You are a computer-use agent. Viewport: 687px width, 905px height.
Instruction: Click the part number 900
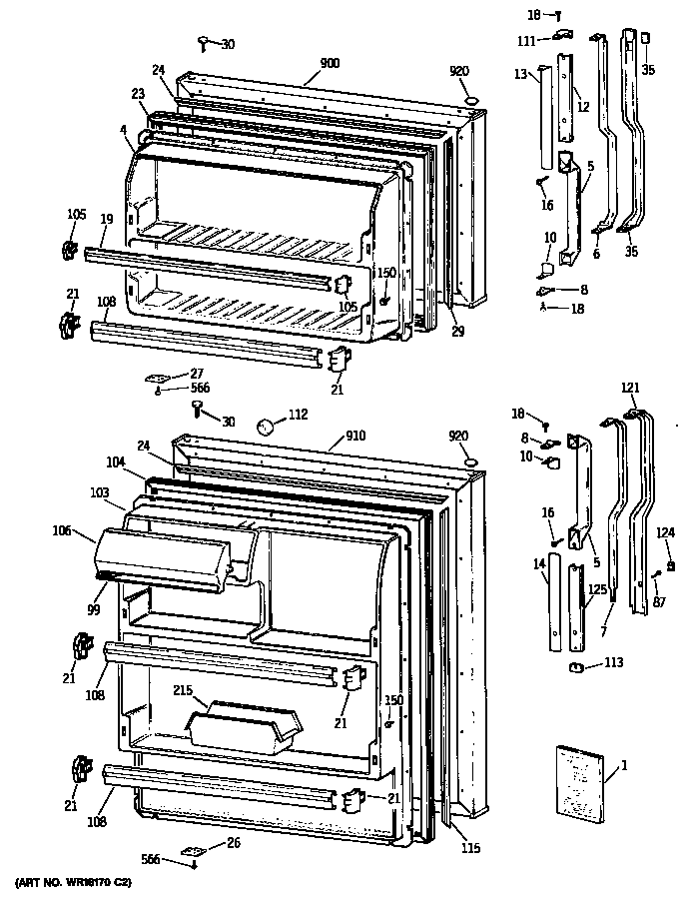[x=330, y=64]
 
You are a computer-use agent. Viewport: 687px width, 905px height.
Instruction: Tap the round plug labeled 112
[x=265, y=427]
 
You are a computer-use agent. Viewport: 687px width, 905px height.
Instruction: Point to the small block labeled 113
[x=576, y=667]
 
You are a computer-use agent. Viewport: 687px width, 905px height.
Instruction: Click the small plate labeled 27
[x=158, y=380]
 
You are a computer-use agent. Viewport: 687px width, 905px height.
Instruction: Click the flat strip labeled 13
[x=544, y=118]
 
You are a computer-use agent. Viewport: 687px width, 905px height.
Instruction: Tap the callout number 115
[x=470, y=849]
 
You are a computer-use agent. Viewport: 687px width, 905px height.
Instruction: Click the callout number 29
[x=457, y=331]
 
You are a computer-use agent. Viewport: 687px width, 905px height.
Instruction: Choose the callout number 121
[x=629, y=387]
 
